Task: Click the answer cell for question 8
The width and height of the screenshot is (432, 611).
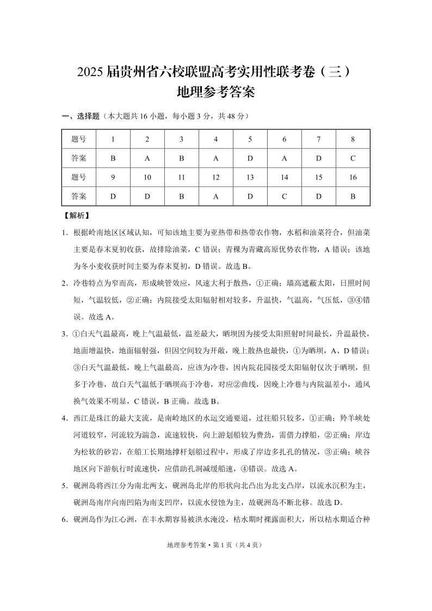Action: [353, 158]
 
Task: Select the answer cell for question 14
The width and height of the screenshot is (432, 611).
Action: [284, 196]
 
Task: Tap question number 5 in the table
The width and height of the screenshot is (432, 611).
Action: [250, 139]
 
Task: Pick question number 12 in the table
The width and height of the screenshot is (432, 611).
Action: [215, 177]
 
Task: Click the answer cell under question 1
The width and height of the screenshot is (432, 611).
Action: [113, 158]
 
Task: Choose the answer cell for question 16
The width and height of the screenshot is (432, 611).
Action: [353, 196]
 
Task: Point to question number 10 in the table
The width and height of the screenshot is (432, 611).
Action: [147, 177]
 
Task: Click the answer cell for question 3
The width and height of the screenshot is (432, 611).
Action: [181, 158]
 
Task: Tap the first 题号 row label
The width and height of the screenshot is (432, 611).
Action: [79, 139]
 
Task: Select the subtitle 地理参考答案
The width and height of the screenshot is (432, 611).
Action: [216, 92]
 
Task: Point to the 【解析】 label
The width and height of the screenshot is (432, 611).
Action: [77, 215]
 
